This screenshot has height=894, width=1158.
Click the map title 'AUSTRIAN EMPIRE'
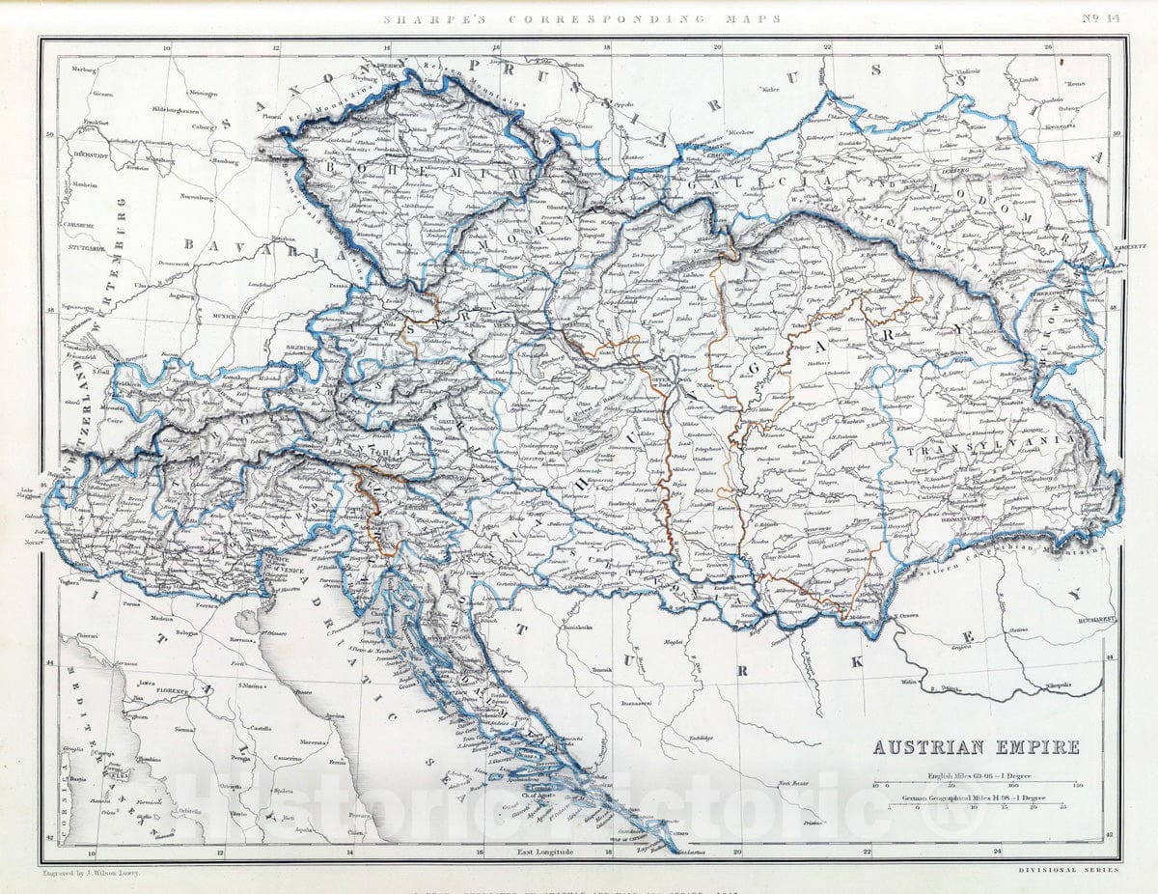click(x=976, y=747)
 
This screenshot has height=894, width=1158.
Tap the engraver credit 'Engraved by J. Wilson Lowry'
click(x=92, y=872)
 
